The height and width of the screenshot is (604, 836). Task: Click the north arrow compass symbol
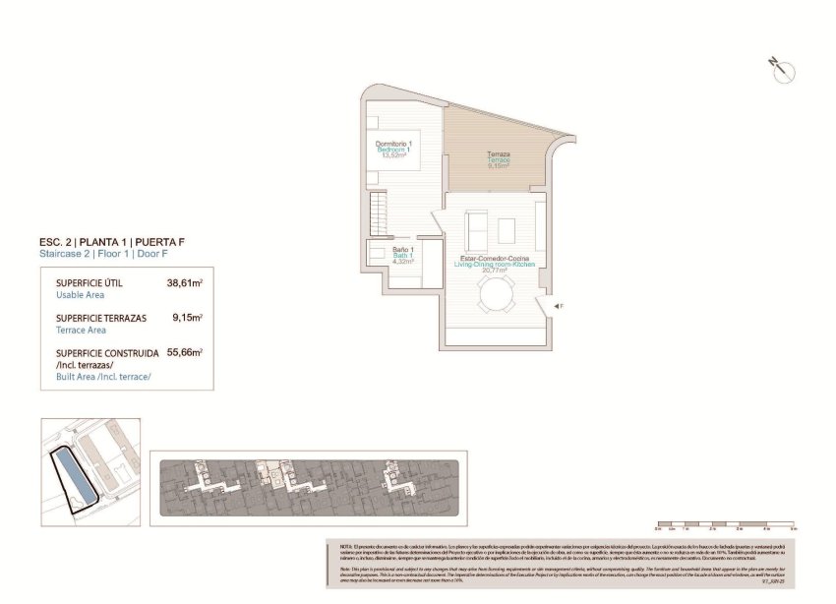(x=783, y=69)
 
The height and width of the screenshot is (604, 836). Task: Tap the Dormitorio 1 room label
(x=393, y=144)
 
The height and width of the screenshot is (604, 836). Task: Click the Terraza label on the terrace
(x=499, y=155)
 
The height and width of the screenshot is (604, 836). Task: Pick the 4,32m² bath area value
(x=403, y=262)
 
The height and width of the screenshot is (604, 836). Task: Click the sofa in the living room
(x=475, y=230)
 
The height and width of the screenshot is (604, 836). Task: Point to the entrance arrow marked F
(x=558, y=308)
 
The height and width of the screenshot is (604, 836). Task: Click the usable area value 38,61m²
(x=185, y=282)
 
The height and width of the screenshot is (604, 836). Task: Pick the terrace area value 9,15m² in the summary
(x=187, y=318)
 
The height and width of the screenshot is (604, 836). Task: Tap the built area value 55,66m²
(x=185, y=352)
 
